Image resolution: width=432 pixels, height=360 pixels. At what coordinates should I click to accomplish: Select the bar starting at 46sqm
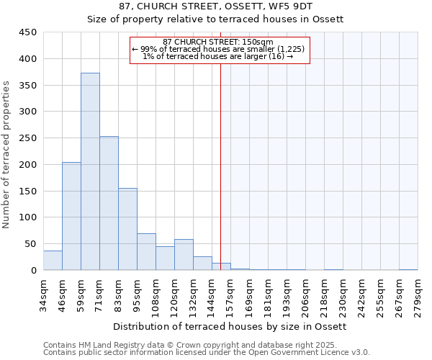click(x=71, y=216)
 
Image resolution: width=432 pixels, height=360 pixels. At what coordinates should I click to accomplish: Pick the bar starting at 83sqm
click(x=127, y=229)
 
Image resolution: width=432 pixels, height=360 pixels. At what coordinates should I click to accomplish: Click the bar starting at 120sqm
click(x=184, y=255)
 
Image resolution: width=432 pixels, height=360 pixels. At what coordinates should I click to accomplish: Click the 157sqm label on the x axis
click(x=230, y=295)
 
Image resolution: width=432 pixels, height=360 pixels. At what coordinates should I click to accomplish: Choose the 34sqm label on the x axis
click(x=43, y=295)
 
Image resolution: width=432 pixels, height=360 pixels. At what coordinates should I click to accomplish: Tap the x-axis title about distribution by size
click(x=230, y=326)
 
